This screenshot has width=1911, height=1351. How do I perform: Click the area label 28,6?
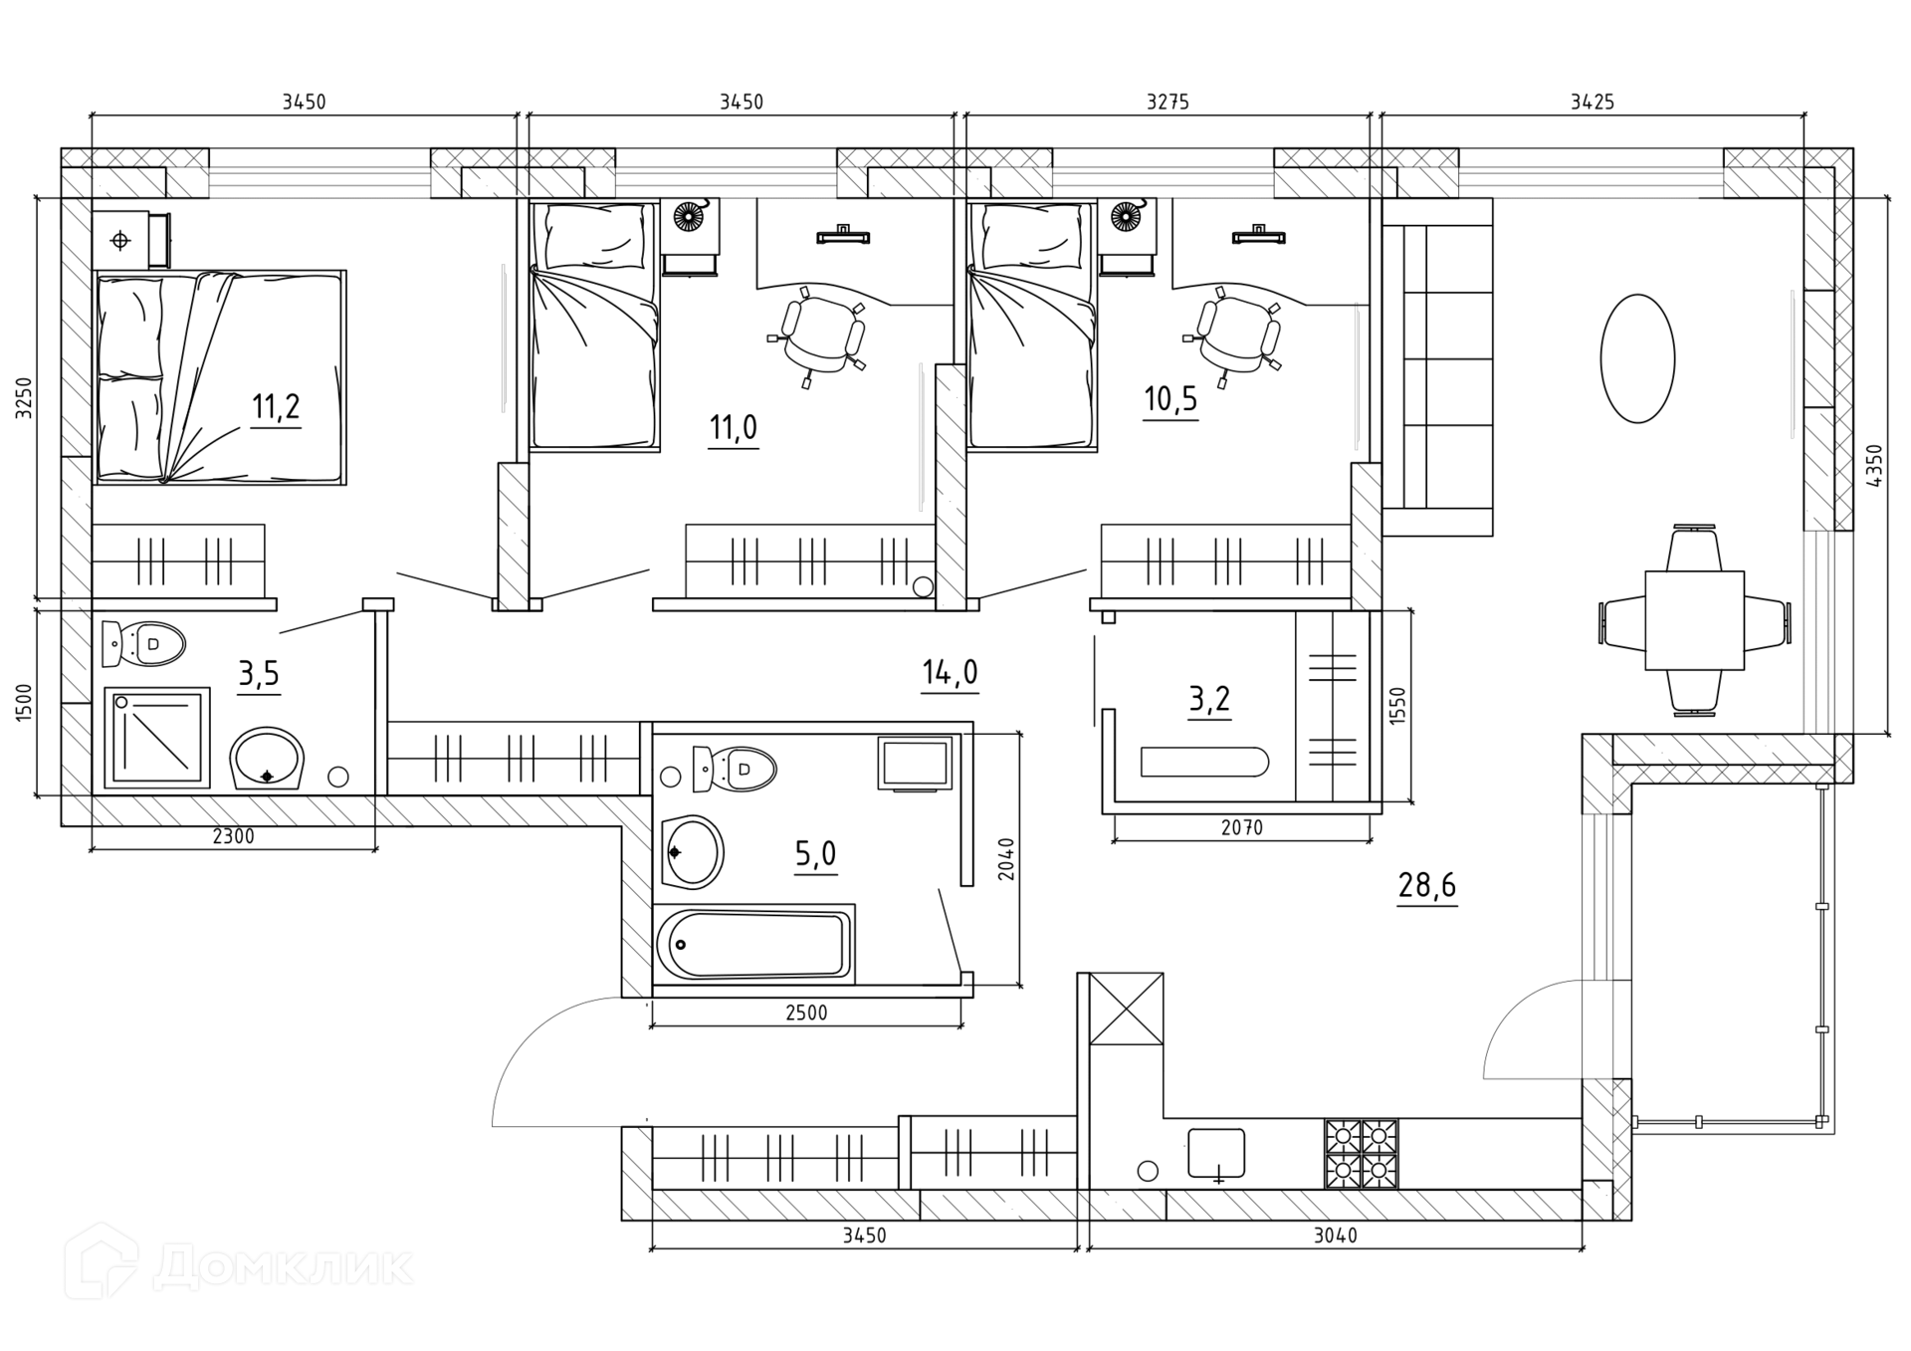coord(1427,884)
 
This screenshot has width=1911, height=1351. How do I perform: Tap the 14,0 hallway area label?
coord(950,673)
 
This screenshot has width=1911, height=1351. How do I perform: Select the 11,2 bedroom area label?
coord(276,406)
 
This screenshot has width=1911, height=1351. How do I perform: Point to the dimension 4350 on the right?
coord(1875,465)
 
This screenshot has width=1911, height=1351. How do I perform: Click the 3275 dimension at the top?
coord(1168,102)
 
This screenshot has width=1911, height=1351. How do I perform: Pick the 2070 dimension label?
coord(1241,827)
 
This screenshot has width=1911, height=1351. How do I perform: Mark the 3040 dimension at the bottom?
coord(1335,1236)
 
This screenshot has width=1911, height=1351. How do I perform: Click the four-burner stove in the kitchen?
coord(1361,1154)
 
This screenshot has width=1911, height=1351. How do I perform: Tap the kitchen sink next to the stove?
coord(1216,1155)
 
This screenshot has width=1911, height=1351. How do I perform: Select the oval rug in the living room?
coord(1637,358)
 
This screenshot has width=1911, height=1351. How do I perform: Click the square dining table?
coord(1694,620)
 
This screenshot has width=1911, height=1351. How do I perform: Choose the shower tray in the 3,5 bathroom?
coord(157,737)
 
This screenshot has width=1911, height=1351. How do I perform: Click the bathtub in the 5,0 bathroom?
coord(753,944)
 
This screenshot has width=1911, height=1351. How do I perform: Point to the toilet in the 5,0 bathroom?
coord(735,769)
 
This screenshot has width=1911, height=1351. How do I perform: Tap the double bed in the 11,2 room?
coord(220,377)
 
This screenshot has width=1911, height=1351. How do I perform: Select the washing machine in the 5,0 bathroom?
coord(915,764)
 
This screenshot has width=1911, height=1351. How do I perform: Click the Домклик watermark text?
coord(283,1266)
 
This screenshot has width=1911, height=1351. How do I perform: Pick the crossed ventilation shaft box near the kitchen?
coord(1126,1009)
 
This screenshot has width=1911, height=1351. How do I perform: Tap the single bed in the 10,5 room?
coord(1033,326)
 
